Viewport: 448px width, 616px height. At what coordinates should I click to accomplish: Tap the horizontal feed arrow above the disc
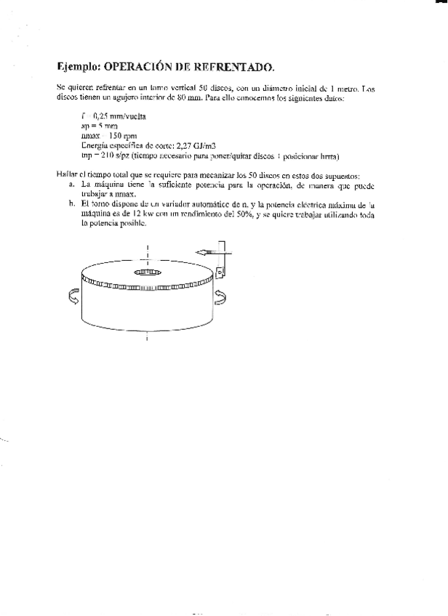click(207, 251)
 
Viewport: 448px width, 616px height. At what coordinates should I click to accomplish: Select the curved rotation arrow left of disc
click(71, 296)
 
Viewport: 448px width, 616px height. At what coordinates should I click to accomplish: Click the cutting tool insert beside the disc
click(220, 272)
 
